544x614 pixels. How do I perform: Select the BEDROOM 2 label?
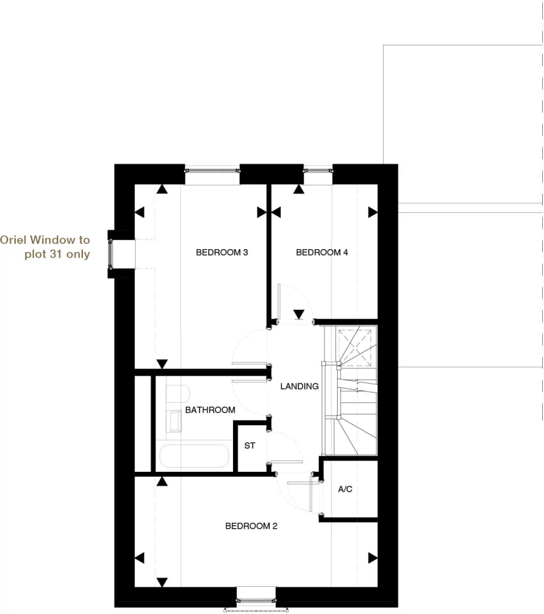tap(251, 526)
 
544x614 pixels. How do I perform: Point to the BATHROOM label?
tap(210, 410)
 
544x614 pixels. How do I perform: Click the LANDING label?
tap(299, 386)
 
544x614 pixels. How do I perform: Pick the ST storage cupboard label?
tap(249, 446)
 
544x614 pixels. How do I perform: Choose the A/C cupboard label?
tap(345, 489)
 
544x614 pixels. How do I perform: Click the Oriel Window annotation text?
tap(45, 247)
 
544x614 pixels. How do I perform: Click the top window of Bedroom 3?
tap(212, 170)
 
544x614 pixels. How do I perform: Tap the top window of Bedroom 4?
tap(318, 170)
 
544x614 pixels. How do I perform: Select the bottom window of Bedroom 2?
tap(255, 601)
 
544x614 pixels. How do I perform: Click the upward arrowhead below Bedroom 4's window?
tap(298, 189)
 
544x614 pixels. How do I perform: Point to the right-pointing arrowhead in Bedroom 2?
tap(372, 558)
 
